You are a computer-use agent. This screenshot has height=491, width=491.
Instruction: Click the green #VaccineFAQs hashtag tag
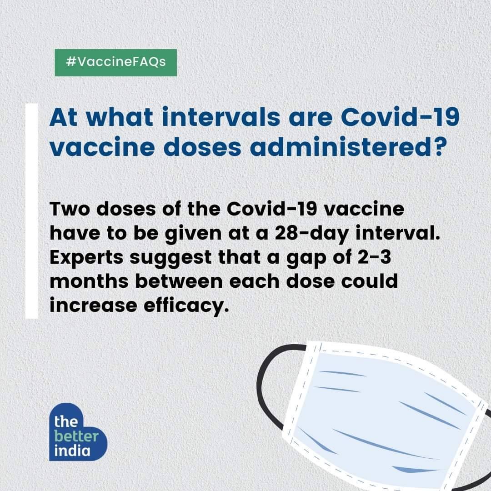pos(115,63)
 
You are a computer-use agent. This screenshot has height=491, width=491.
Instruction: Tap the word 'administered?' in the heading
pos(347,146)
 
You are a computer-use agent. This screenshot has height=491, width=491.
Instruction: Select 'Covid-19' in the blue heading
pos(400,117)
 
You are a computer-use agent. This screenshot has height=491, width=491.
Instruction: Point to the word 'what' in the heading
pos(120,117)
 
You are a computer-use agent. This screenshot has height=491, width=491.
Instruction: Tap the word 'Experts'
pos(86,258)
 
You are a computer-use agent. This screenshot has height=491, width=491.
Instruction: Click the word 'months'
pos(89,281)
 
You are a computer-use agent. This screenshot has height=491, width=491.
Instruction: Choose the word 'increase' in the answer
pos(93,306)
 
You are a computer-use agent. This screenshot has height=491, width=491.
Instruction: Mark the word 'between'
pos(178,281)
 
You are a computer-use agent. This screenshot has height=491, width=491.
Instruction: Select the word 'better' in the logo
pos(76,436)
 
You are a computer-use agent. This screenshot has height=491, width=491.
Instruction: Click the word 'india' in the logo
pos(72,451)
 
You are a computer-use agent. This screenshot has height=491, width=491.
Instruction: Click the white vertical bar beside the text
pos(32,211)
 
